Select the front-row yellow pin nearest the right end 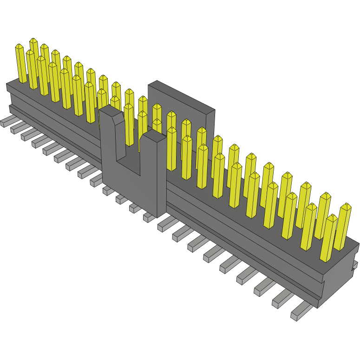(329, 237)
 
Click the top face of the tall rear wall (181, 95)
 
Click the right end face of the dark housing (339, 279)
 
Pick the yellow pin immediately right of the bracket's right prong (171, 149)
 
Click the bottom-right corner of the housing (319, 307)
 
